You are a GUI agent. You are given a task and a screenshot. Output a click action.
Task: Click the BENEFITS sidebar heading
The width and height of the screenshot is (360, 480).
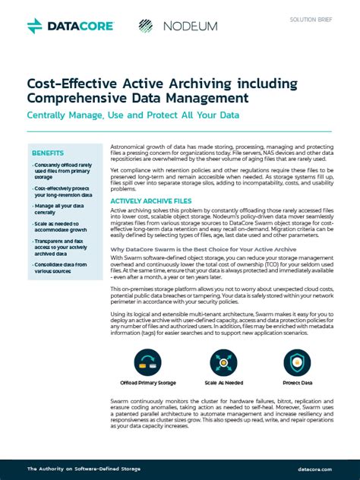pos(48,153)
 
